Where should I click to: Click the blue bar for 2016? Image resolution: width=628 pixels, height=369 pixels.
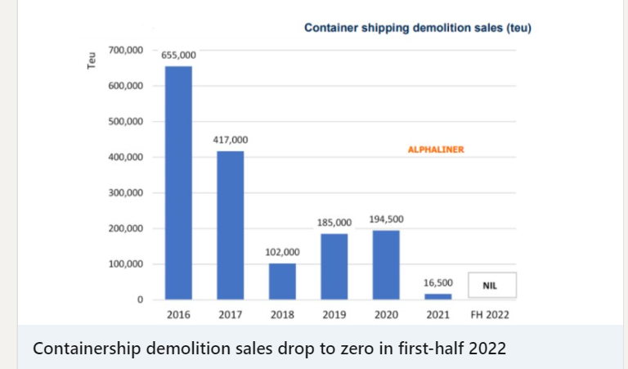178,182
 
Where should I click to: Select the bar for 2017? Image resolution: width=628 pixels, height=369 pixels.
231,225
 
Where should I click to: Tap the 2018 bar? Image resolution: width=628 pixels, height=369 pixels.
282,281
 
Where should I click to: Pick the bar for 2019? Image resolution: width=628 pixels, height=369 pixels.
334,266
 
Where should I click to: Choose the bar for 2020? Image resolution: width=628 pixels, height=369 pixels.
386,264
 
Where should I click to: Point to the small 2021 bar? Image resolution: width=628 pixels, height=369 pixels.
437,296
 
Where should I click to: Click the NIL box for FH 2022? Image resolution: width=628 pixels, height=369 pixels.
491,286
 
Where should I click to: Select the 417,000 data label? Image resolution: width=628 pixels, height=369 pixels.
231,140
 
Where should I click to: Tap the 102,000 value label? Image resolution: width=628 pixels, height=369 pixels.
282,252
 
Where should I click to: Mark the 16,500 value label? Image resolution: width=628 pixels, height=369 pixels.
437,282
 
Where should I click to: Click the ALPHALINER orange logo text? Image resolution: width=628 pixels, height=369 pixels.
436,150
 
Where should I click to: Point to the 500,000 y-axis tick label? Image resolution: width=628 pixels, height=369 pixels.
125,121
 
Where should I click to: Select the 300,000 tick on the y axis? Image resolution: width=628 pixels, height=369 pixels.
125,192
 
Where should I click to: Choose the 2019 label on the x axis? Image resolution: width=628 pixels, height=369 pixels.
334,314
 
